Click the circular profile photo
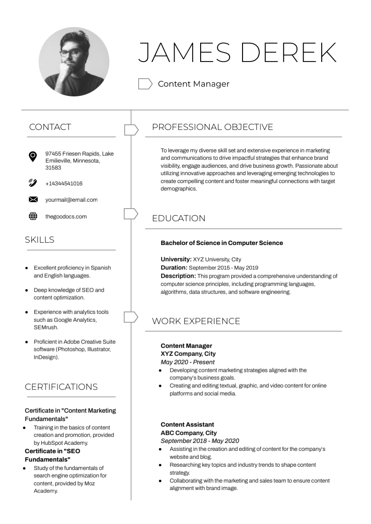pyautogui.click(x=74, y=61)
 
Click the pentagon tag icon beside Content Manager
pyautogui.click(x=145, y=84)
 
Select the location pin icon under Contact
pyautogui.click(x=33, y=156)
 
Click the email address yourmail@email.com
pyautogui.click(x=71, y=200)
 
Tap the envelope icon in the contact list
pyautogui.click(x=33, y=200)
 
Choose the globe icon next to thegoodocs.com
pyautogui.click(x=33, y=216)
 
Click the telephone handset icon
pyautogui.click(x=33, y=183)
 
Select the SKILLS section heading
pyautogui.click(x=40, y=240)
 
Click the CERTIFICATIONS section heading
pyautogui.click(x=61, y=387)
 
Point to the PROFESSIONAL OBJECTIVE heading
pyautogui.click(x=212, y=127)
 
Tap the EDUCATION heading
pyautogui.click(x=179, y=218)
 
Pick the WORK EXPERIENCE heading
pyautogui.click(x=196, y=321)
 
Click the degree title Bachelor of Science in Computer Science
pyautogui.click(x=222, y=243)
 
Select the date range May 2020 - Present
pyautogui.click(x=188, y=362)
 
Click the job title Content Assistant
pyautogui.click(x=187, y=425)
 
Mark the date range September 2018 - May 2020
pyautogui.click(x=200, y=441)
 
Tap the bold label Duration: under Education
pyautogui.click(x=174, y=268)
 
